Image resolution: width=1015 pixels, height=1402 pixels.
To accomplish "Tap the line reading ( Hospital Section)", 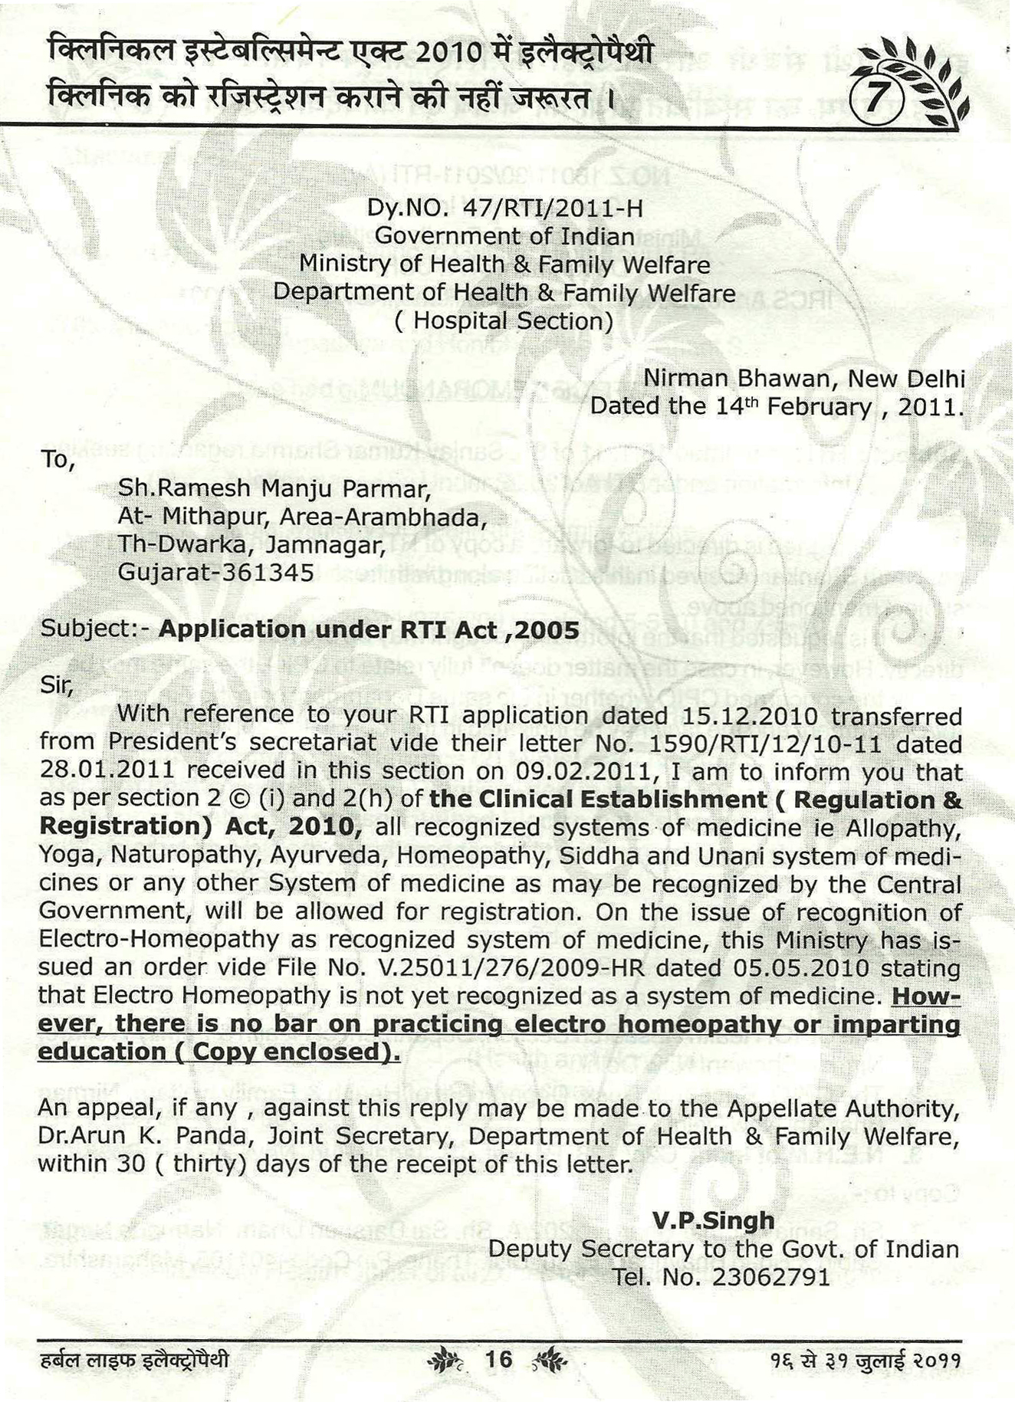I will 504,320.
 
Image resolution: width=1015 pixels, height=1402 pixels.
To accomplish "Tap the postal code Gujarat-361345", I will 215,573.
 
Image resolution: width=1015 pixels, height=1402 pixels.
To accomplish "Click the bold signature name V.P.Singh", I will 713,1221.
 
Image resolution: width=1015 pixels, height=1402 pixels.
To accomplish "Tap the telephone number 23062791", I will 770,1277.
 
